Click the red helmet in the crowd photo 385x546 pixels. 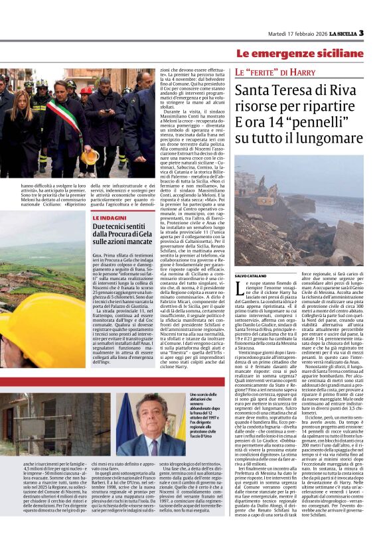(x=86, y=90)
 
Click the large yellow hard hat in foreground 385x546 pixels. (x=27, y=332)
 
